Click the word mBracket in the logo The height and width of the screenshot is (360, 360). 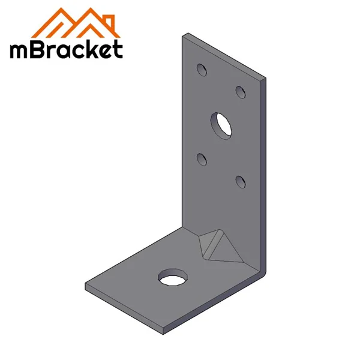coord(66,49)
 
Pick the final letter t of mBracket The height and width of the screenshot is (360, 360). coord(118,49)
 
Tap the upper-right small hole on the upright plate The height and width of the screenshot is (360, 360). coord(241,92)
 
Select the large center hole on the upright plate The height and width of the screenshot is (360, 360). coord(221,123)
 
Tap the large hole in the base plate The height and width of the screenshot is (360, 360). coord(172,277)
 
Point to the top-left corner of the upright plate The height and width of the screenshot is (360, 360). coord(184,35)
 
